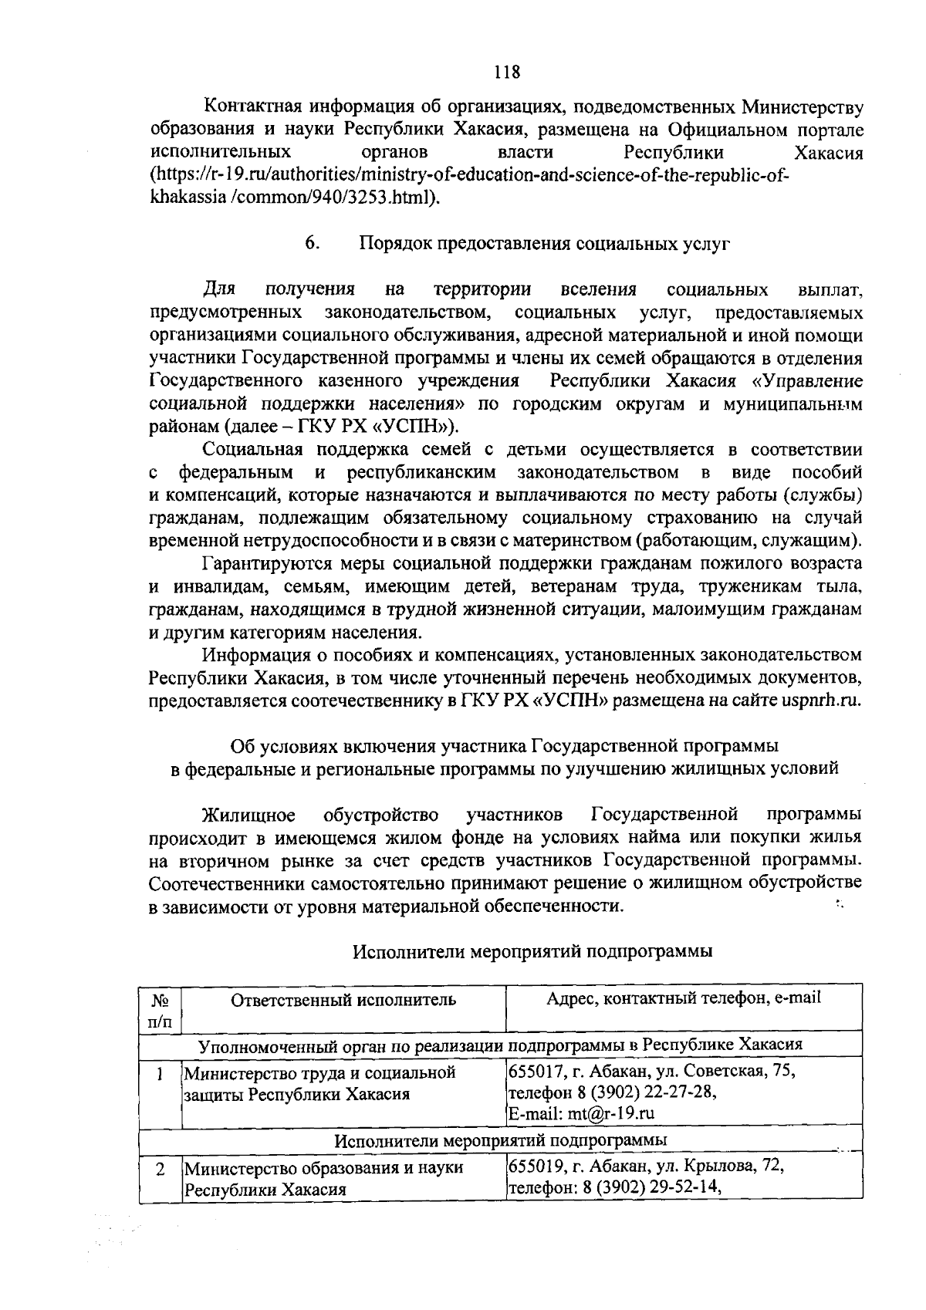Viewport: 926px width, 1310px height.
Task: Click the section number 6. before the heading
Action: [x=312, y=244]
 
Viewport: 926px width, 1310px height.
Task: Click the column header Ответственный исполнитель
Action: [x=343, y=1000]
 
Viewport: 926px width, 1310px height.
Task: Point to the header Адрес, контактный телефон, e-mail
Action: [x=684, y=998]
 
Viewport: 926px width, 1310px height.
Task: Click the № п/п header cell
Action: [x=160, y=1010]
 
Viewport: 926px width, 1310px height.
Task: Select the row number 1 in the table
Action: [x=160, y=1073]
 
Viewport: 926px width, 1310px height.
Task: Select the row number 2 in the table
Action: [x=160, y=1168]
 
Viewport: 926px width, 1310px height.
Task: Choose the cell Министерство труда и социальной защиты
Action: [x=319, y=1083]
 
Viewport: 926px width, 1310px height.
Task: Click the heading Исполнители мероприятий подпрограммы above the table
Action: [x=532, y=951]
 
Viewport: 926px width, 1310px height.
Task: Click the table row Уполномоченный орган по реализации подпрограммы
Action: [x=500, y=1045]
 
